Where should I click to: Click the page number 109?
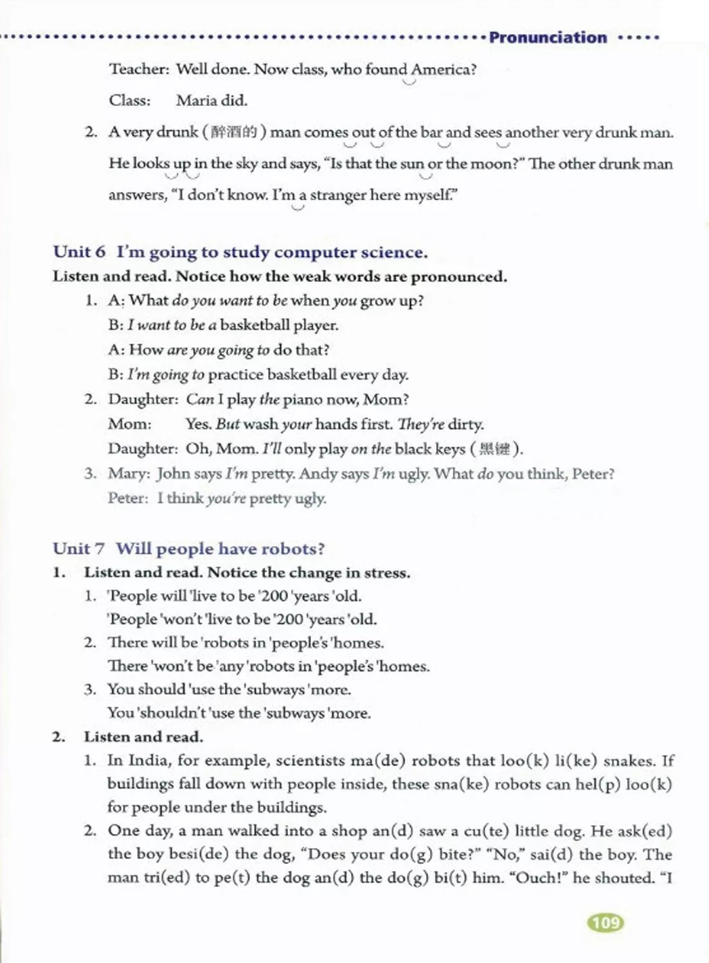[x=606, y=922]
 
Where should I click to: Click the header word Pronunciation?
[x=548, y=37]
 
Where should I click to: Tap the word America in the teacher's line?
[x=442, y=69]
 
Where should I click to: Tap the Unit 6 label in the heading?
[x=79, y=252]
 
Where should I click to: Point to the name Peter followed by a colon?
[x=128, y=498]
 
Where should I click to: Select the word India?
[x=147, y=761]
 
